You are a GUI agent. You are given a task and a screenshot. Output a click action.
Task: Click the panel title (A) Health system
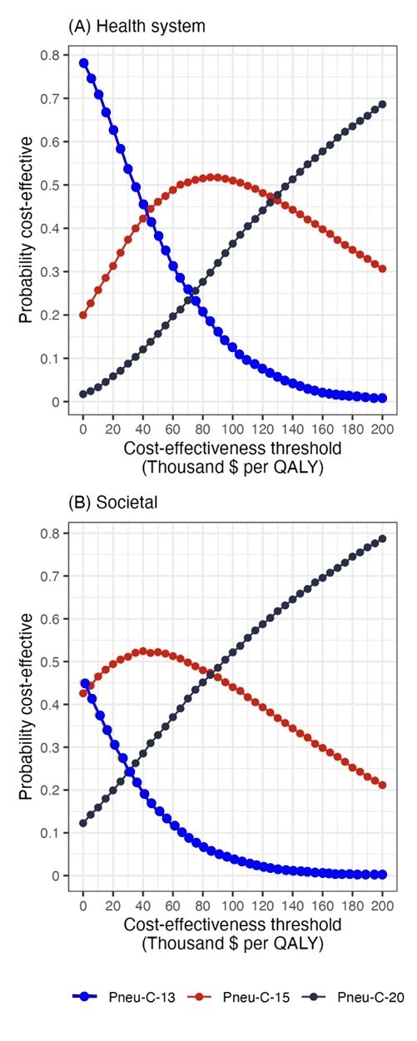[x=137, y=27]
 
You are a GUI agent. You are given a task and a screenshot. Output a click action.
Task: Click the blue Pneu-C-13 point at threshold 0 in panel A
[x=83, y=63]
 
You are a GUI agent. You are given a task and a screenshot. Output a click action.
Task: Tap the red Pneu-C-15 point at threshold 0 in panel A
[x=83, y=315]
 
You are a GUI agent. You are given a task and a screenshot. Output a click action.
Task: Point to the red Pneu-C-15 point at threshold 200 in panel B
[x=383, y=785]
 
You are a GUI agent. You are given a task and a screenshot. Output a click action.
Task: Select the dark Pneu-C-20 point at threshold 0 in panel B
[x=83, y=823]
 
